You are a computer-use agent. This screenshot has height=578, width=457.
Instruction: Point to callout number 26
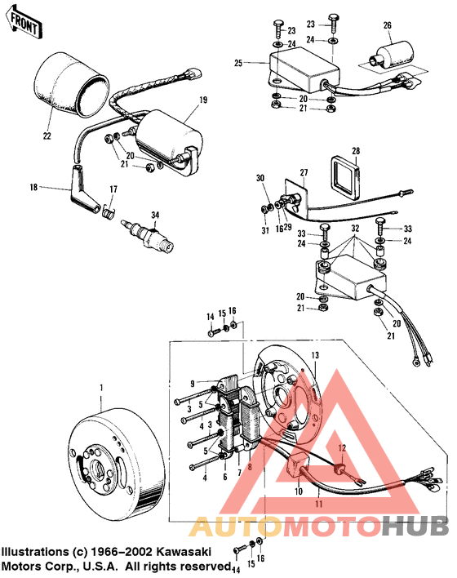tap(388, 24)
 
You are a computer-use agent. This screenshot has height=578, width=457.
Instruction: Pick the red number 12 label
tap(343, 447)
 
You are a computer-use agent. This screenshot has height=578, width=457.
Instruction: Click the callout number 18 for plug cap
tap(33, 188)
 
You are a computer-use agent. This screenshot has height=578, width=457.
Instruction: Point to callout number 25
tap(238, 62)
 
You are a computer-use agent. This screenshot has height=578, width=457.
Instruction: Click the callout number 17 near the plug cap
tap(113, 190)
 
